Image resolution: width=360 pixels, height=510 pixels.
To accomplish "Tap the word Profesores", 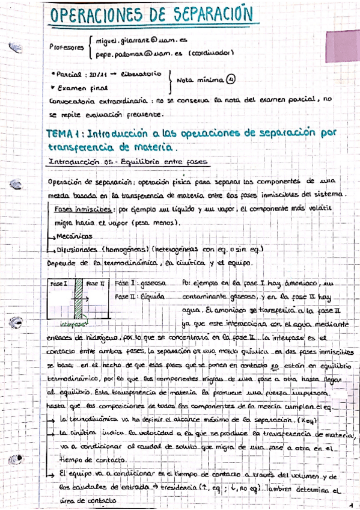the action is coord(67,47).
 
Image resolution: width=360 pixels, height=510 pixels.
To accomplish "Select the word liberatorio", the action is coord(141,75).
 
